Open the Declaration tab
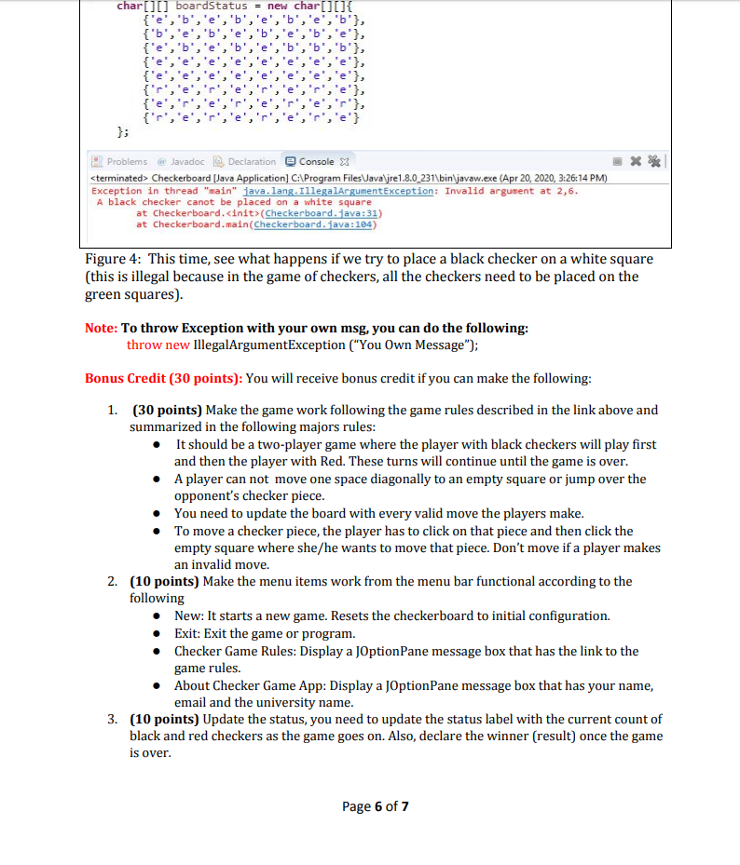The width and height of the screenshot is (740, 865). (x=244, y=161)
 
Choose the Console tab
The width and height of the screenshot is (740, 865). (x=314, y=161)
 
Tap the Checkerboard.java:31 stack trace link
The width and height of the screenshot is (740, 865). (x=318, y=212)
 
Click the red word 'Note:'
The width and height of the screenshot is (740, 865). (x=102, y=328)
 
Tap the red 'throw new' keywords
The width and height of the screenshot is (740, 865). (x=158, y=344)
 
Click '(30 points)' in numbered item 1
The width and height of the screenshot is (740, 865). (x=166, y=410)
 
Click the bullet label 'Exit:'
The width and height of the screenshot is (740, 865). (x=190, y=633)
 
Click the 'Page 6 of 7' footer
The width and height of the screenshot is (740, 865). (x=376, y=805)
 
